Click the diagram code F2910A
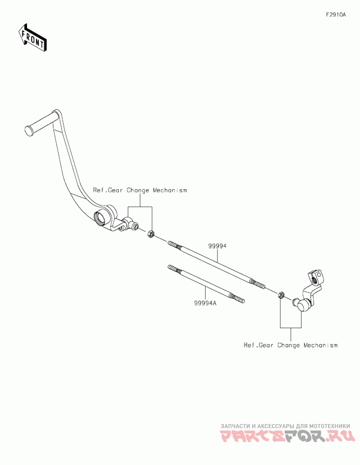[336, 15]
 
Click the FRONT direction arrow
[33, 38]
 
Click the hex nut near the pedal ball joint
[151, 234]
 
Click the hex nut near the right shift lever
[280, 295]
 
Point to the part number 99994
[217, 247]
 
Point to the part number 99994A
[206, 303]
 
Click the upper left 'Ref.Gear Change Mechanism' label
[139, 190]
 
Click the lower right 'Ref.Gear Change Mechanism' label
[290, 345]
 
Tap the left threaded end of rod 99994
[175, 245]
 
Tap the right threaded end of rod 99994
[257, 284]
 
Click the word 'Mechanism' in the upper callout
[170, 190]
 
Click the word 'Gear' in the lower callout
[266, 345]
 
